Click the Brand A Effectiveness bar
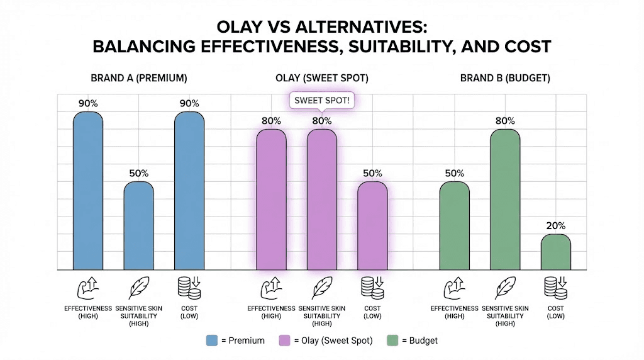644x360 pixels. coord(88,191)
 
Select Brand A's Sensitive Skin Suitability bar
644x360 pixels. coord(138,227)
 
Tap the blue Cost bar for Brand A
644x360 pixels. coord(189,191)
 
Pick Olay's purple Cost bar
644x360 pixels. coord(372,227)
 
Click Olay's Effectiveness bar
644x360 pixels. coord(271,200)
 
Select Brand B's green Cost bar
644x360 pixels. coord(556,252)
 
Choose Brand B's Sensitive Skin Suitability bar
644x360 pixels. coord(505,200)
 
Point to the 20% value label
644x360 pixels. coord(556,226)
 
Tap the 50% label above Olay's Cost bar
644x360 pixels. coord(372,173)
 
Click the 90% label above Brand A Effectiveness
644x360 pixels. coord(88,103)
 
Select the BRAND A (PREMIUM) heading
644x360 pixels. coord(139,79)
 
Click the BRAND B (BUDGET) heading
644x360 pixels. coord(505,79)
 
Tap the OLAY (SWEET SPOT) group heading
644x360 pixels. coord(321,79)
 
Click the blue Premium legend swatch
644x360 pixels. coord(212,340)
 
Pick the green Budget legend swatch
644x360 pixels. coord(396,340)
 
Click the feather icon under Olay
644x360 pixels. coord(321,288)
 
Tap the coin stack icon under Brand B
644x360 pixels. coord(556,288)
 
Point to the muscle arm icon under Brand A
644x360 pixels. coord(88,288)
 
